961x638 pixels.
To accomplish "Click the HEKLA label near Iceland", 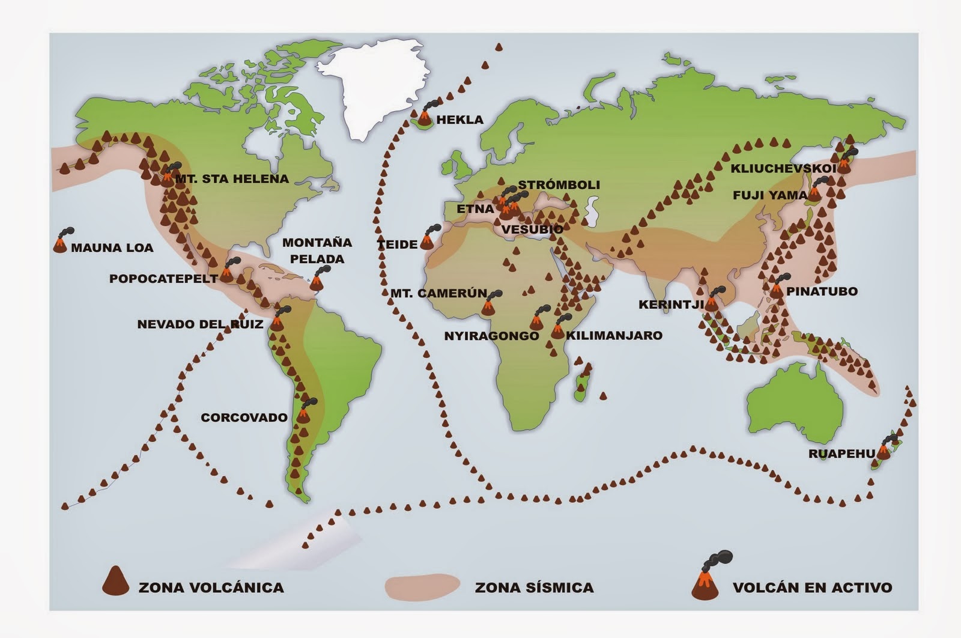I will [459, 120].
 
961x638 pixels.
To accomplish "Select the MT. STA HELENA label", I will [232, 179].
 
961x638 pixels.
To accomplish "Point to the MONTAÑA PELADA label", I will [317, 251].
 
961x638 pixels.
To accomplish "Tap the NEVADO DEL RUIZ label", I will [200, 324].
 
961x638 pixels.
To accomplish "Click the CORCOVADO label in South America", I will [244, 418].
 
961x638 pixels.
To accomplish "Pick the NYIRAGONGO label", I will [491, 336].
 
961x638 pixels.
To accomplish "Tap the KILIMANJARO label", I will [614, 335].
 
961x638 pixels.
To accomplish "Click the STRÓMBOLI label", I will [559, 185].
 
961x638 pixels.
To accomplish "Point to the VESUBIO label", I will [532, 229].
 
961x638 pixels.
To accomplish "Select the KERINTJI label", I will [671, 305].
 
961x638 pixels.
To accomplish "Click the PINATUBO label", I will [822, 292].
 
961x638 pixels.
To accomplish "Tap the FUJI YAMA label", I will [770, 195].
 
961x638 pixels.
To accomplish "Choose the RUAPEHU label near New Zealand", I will [841, 454].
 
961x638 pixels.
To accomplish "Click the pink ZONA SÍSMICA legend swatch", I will [423, 585].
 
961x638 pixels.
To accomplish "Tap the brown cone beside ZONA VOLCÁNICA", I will [115, 581].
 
